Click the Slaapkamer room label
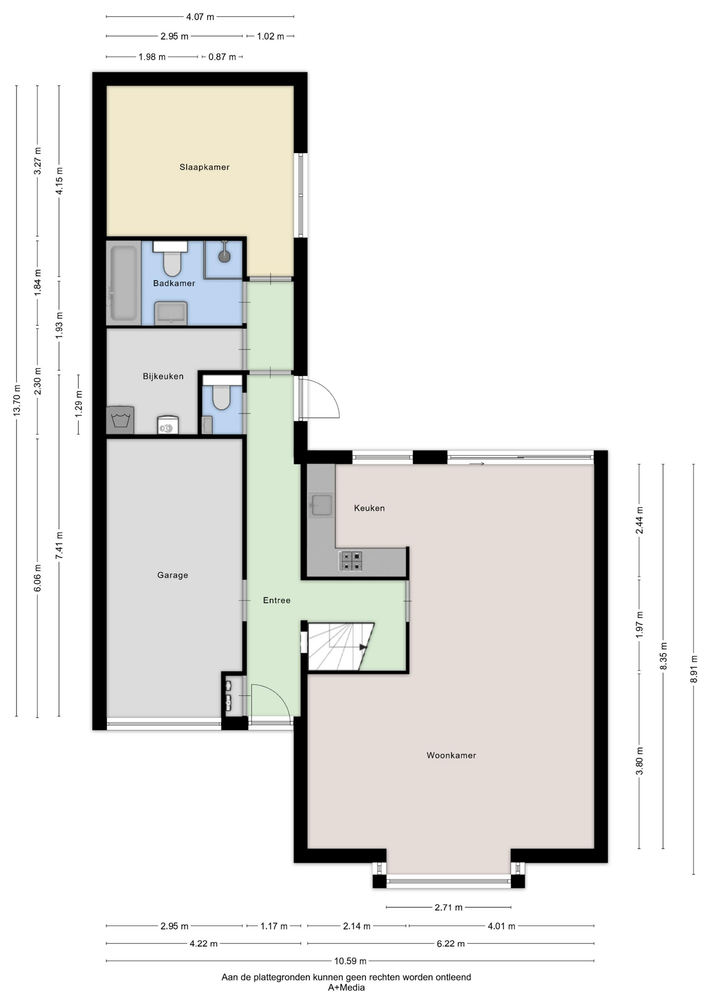tap(204, 167)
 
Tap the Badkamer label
tap(174, 283)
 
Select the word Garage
tap(173, 575)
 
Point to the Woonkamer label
tap(451, 755)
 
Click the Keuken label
tap(369, 508)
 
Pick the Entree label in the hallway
tap(277, 600)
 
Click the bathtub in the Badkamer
tap(123, 283)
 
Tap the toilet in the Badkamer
tap(171, 258)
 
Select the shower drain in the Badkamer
tap(224, 256)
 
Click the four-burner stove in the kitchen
tap(350, 561)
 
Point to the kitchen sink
tap(320, 505)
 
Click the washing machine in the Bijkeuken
tap(120, 420)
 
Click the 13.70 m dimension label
tap(17, 401)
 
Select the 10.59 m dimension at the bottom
tap(350, 961)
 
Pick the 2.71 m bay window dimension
tap(449, 907)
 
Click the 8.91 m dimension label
tap(694, 669)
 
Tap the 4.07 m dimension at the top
tap(200, 17)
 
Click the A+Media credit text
tap(346, 987)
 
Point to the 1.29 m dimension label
tap(78, 404)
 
